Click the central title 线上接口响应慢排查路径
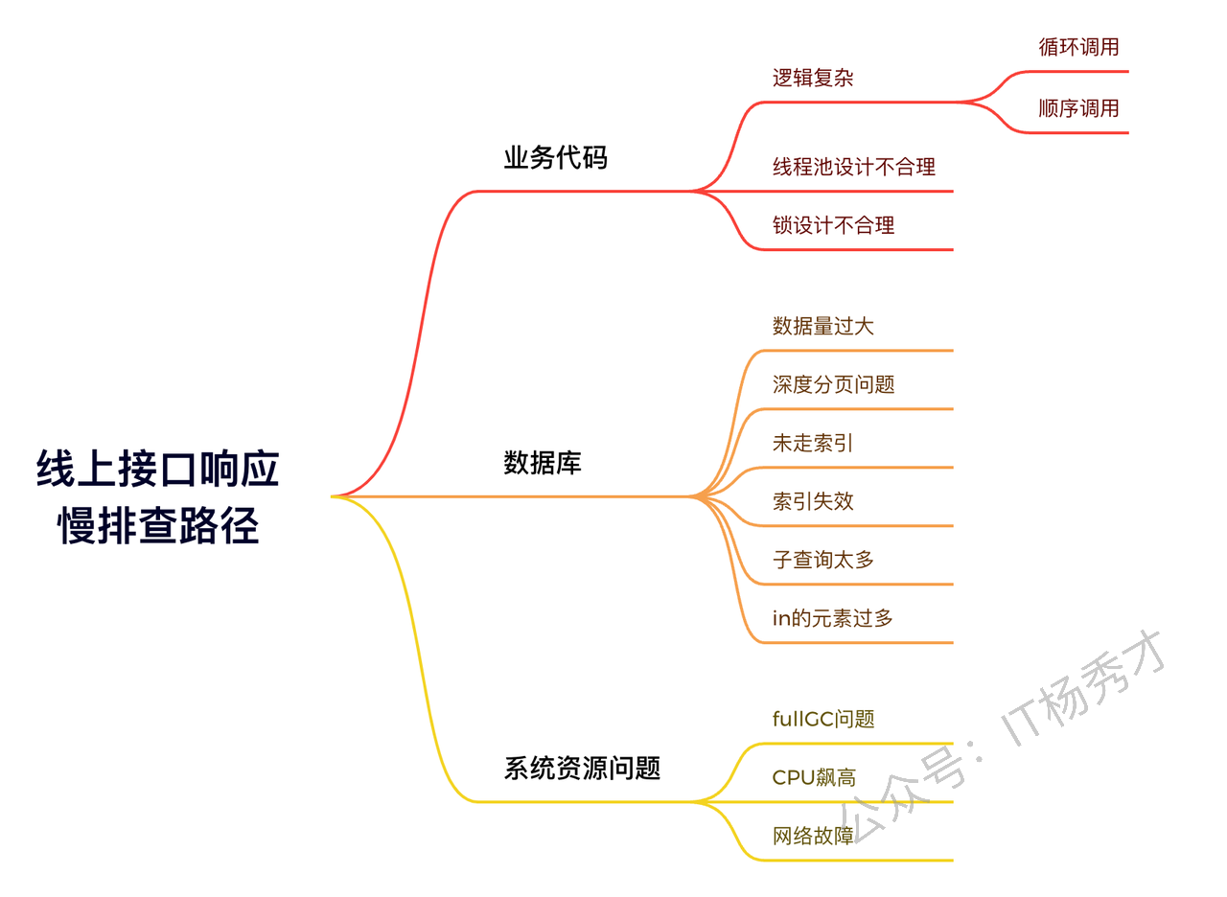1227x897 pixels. [158, 497]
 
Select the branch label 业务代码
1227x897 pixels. [555, 158]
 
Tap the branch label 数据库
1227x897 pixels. [543, 463]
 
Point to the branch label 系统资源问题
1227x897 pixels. [582, 768]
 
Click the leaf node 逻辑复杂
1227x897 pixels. [813, 78]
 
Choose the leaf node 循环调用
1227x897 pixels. [1078, 47]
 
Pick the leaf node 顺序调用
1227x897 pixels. [1078, 108]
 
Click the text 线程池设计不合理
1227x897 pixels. [854, 167]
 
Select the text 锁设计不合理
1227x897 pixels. [833, 225]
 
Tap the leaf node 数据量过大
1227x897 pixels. [823, 327]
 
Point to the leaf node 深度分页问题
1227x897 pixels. [833, 384]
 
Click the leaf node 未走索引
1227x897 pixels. [813, 443]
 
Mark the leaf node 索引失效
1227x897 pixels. [813, 501]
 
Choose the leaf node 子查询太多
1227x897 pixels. [823, 560]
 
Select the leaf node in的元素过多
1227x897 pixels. [833, 618]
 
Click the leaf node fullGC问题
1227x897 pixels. [823, 719]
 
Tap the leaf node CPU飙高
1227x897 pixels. [814, 777]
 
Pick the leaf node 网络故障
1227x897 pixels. [813, 837]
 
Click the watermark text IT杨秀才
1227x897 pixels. [1083, 689]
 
